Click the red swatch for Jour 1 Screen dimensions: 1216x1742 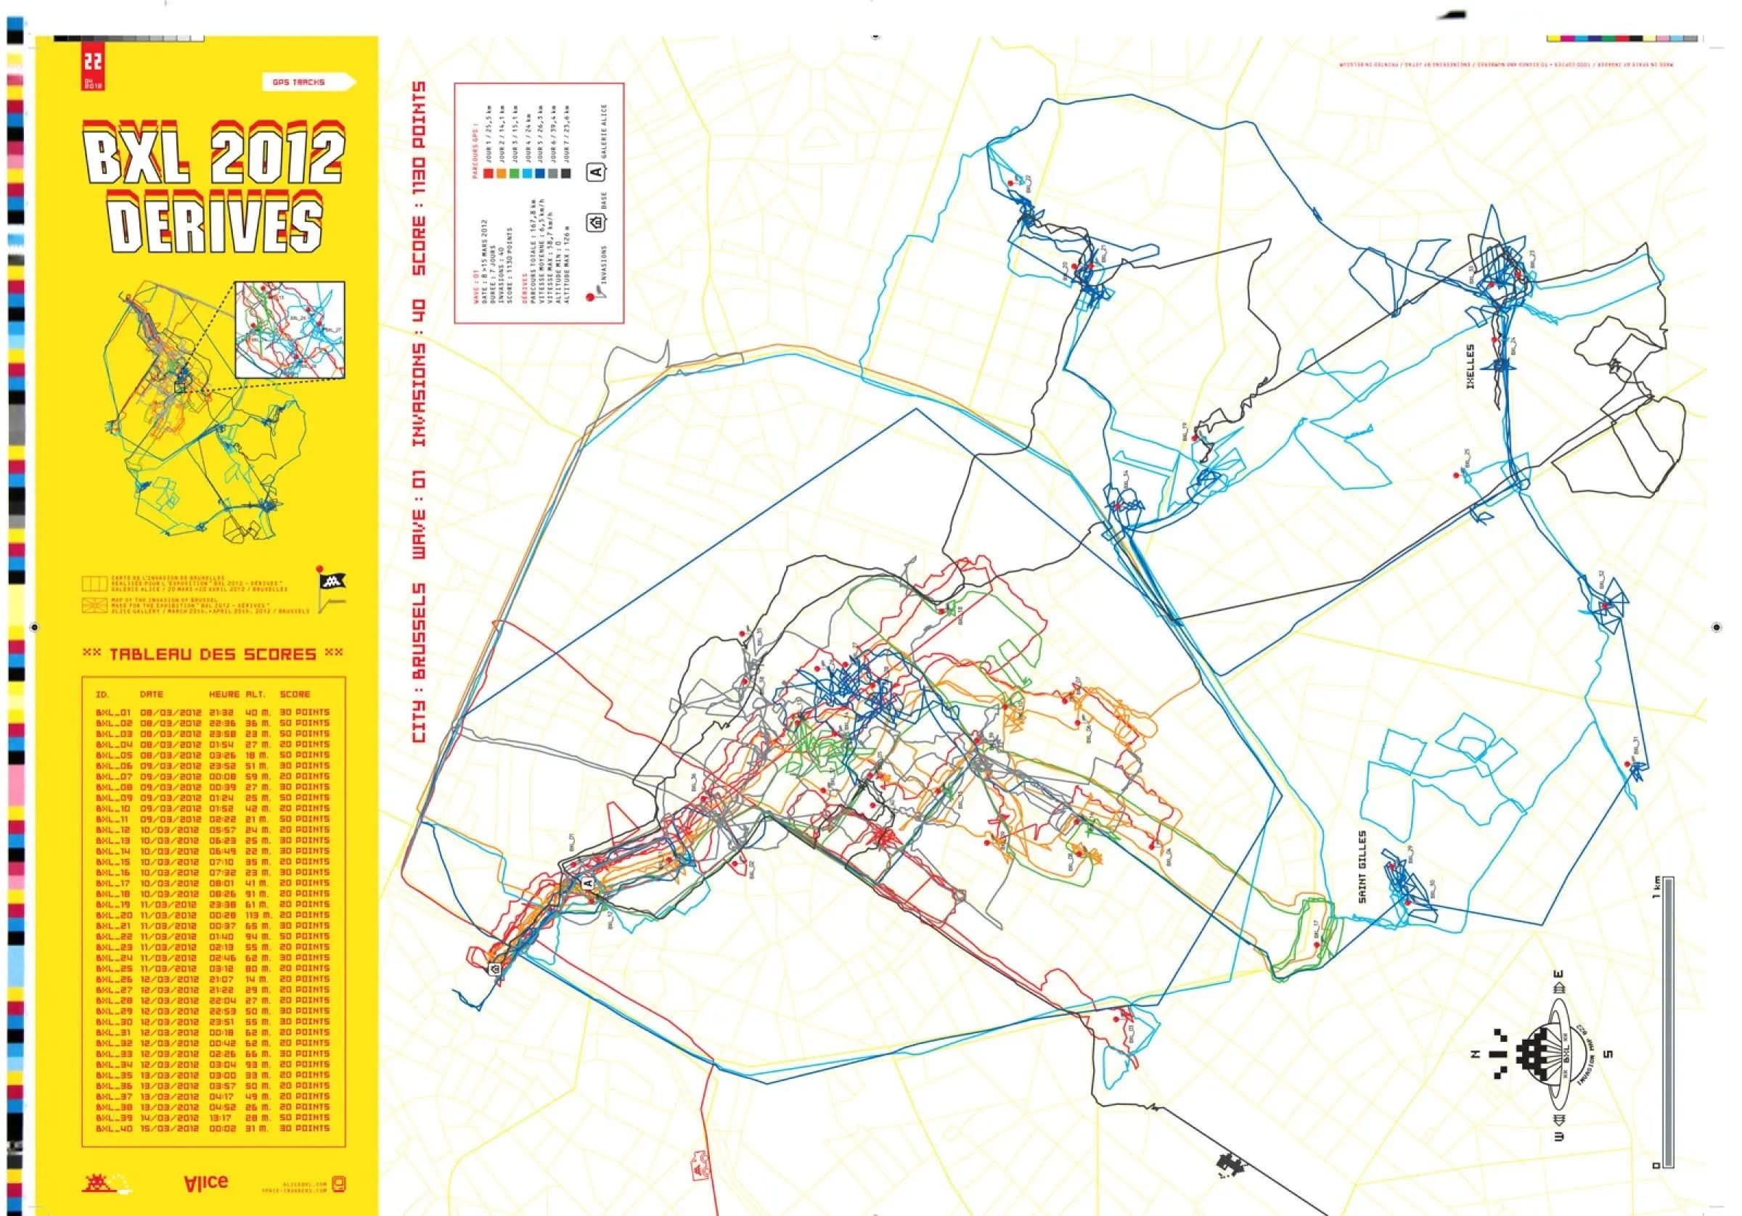coord(488,173)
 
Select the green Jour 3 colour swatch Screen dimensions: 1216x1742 coord(515,173)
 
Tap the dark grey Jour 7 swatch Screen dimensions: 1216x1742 coord(566,173)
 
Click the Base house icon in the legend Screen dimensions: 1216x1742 coord(597,223)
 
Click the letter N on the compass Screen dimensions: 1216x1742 coord(1476,1053)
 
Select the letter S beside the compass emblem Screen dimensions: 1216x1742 coord(1607,1053)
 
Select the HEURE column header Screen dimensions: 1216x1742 coord(224,694)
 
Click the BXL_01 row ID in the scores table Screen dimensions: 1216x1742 coord(114,712)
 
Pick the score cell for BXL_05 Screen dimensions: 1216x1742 coord(305,755)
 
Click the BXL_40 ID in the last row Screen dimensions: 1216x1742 coord(114,1129)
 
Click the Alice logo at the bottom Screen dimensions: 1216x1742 coord(205,1182)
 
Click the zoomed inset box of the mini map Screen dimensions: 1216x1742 coord(290,329)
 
